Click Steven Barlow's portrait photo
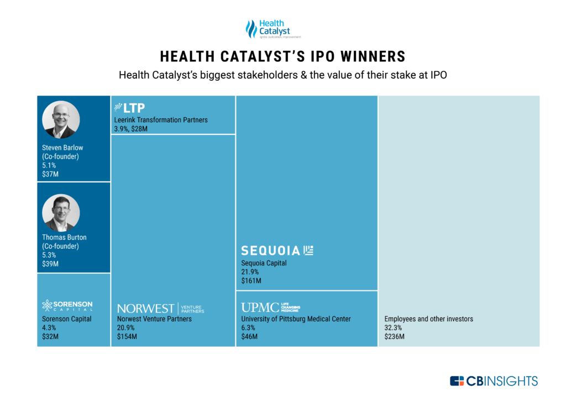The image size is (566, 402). click(61, 119)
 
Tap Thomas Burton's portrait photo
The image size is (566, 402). click(61, 213)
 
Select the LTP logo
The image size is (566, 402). click(129, 108)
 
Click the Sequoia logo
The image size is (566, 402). click(277, 250)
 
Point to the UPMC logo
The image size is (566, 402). click(270, 307)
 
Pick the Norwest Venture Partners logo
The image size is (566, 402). click(161, 308)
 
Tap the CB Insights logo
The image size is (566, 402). click(494, 380)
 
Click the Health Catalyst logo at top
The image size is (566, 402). click(268, 29)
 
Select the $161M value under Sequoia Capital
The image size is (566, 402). click(251, 281)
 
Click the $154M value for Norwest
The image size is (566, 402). click(127, 336)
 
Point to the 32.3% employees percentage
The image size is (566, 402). click(394, 328)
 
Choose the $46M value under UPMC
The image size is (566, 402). click(249, 336)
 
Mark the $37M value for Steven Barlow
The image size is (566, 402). click(50, 174)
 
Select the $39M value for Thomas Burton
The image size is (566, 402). click(50, 264)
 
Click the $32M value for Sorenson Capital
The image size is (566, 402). click(50, 336)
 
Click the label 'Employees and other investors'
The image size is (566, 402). click(428, 319)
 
